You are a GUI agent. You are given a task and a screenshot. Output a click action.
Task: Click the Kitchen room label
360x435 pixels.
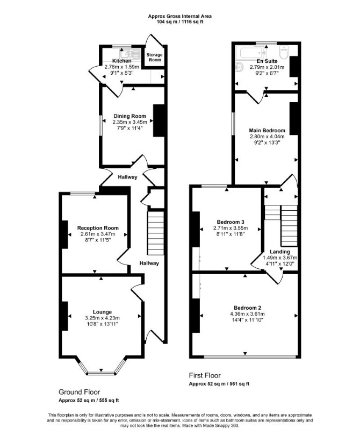tap(121, 61)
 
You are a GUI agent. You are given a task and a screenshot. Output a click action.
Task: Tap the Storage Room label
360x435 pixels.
tap(154, 57)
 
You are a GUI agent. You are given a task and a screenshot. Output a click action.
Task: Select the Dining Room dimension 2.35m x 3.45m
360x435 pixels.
tap(129, 122)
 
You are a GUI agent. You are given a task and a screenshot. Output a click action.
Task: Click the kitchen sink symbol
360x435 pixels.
tap(127, 53)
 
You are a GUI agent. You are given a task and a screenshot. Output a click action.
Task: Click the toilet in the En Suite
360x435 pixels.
tap(284, 53)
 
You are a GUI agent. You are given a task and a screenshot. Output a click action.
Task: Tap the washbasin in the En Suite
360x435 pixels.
tap(240, 67)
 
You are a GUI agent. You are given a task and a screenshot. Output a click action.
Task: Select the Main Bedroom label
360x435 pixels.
tap(267, 130)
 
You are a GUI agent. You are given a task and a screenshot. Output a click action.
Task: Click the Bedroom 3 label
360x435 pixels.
tap(231, 222)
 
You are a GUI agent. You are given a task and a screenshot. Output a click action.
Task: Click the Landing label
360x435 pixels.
tap(280, 252)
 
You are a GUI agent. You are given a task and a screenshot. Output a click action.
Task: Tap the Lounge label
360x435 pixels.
tap(102, 312)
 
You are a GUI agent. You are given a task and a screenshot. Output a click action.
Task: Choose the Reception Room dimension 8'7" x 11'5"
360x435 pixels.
tap(98, 240)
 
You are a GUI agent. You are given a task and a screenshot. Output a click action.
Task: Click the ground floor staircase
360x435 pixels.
tap(155, 233)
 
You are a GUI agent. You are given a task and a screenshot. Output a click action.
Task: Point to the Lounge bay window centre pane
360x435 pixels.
tap(101, 373)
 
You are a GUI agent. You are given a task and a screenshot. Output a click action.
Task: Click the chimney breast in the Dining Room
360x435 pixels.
tap(159, 120)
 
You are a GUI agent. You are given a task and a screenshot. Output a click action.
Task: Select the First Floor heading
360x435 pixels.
tap(205, 376)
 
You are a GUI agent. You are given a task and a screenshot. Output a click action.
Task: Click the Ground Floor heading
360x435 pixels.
tap(80, 392)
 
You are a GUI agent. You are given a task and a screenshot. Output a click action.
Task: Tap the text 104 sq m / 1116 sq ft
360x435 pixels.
tap(179, 22)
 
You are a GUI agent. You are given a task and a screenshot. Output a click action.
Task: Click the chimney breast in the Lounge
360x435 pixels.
tap(64, 316)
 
